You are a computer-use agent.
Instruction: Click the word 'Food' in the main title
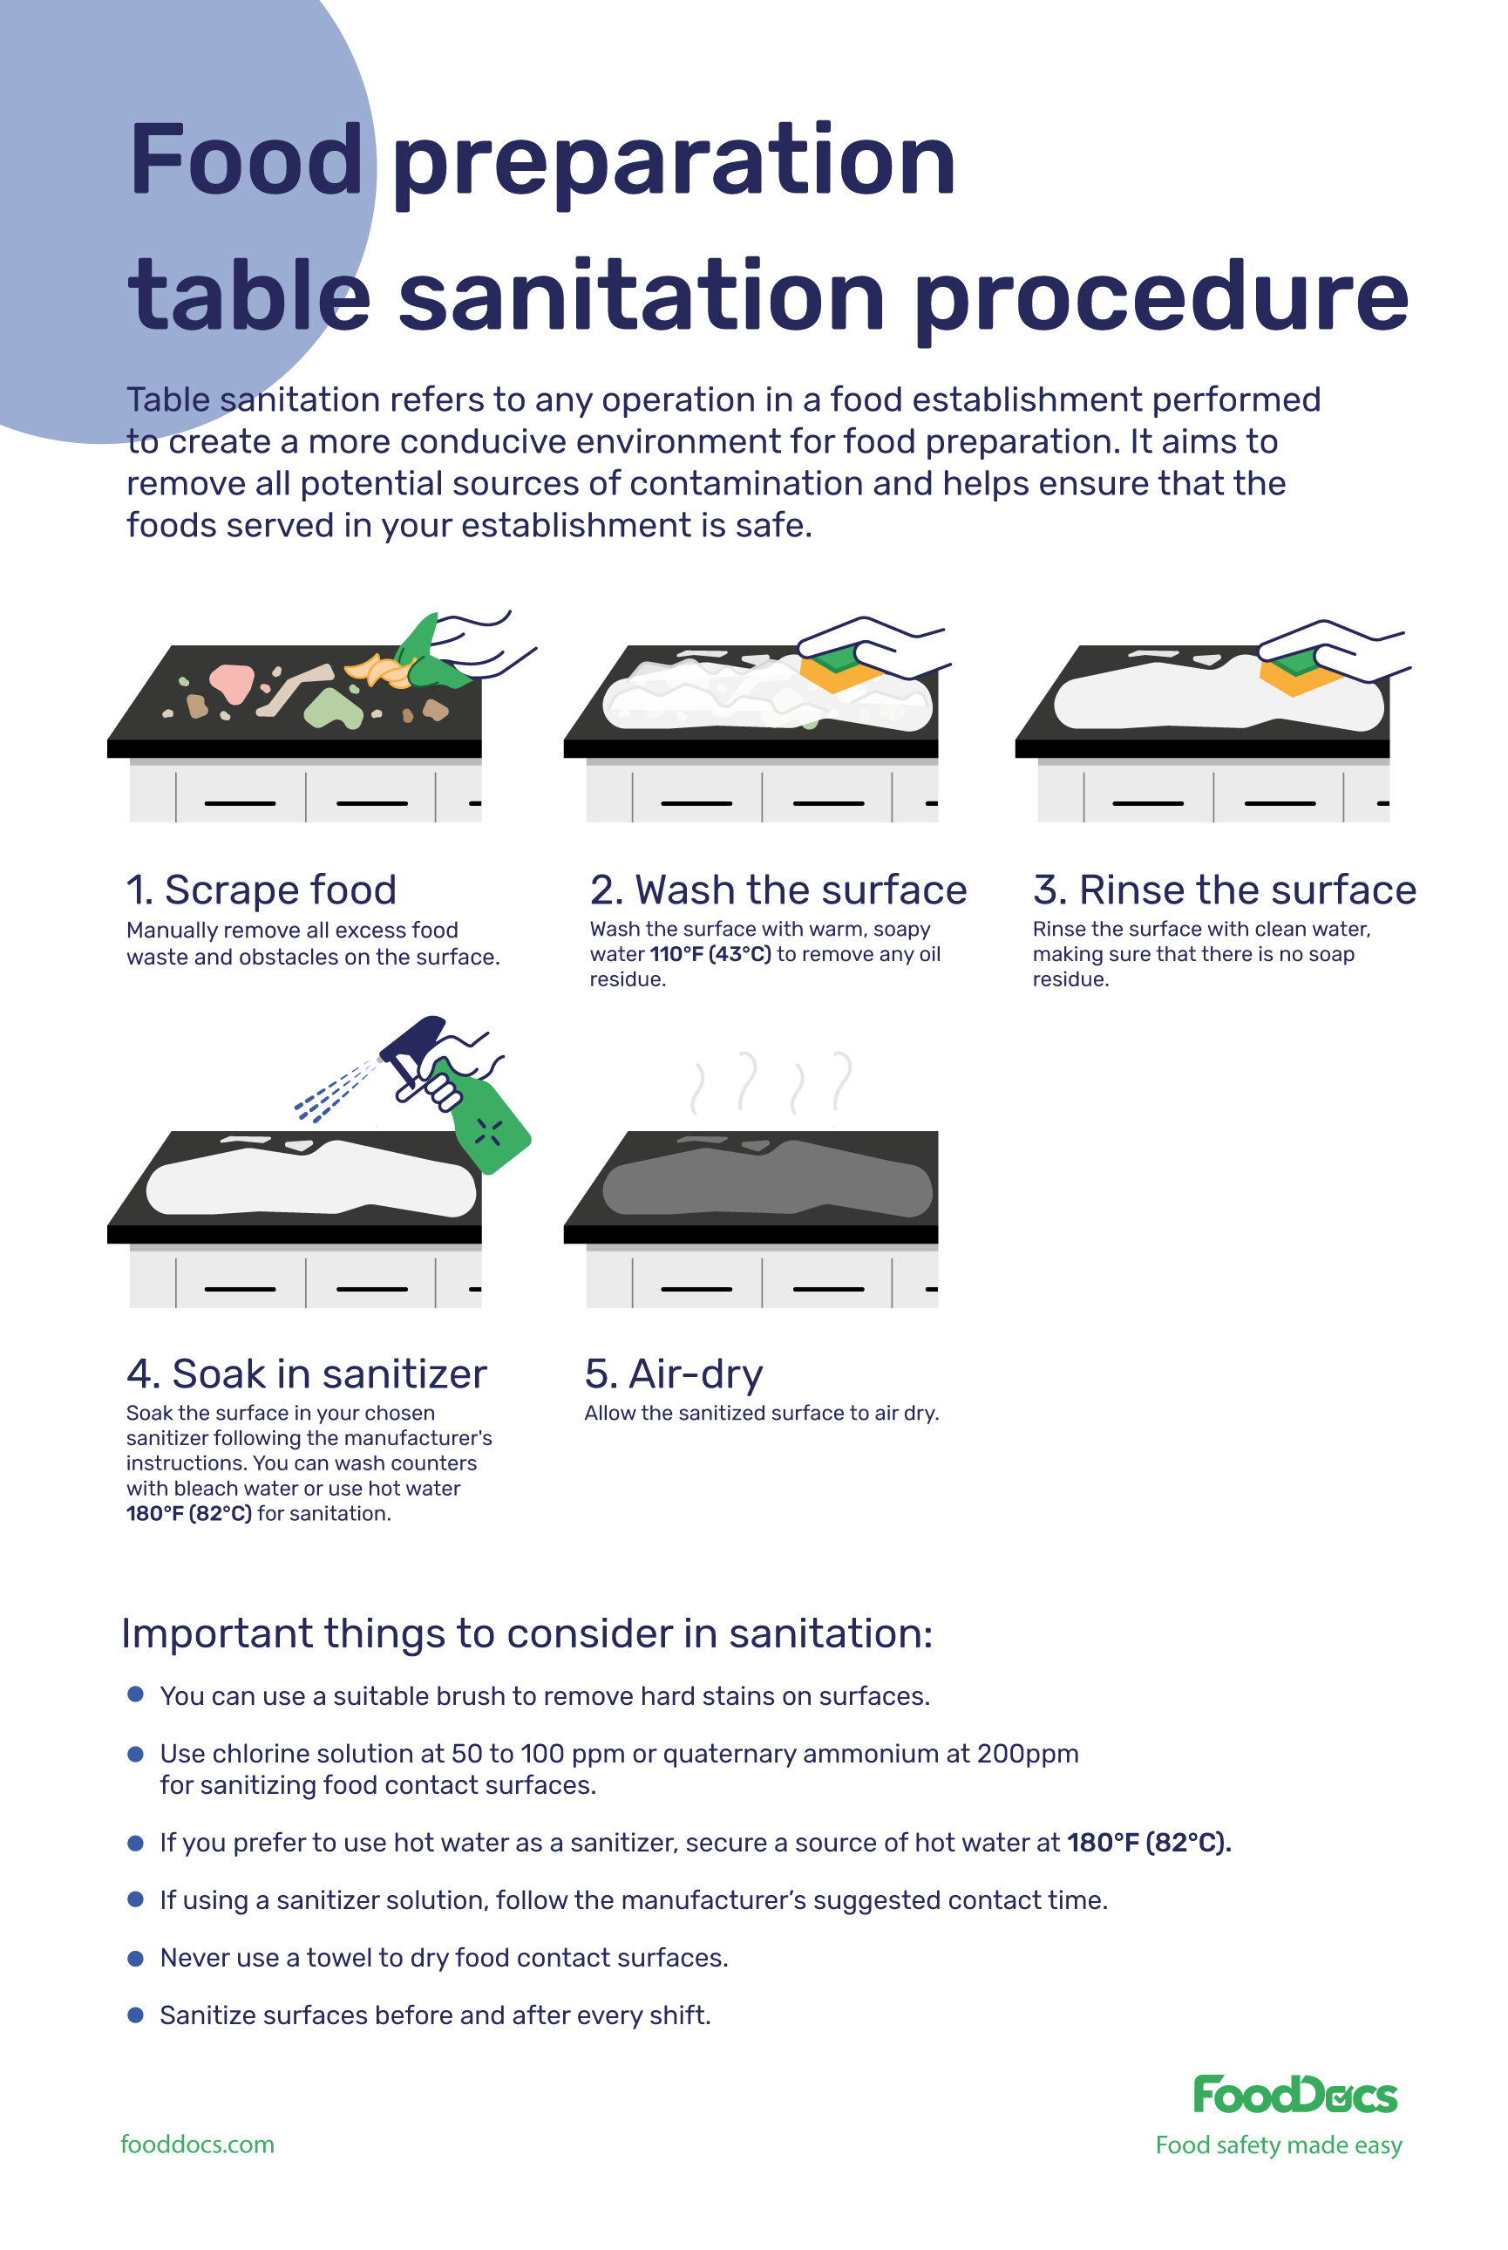(x=245, y=160)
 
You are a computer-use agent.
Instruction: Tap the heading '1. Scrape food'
(x=261, y=890)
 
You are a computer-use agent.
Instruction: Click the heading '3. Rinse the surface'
(x=1223, y=890)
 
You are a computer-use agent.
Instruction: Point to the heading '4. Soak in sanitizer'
(x=306, y=1374)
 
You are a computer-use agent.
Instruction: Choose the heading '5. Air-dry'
(x=673, y=1374)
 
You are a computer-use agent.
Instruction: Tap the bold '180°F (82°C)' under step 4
(x=188, y=1513)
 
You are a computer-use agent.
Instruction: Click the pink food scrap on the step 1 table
(x=232, y=682)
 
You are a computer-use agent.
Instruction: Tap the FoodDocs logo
(x=1294, y=2094)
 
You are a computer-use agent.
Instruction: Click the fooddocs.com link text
(x=197, y=2144)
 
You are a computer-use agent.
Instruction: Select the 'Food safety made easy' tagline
(x=1278, y=2145)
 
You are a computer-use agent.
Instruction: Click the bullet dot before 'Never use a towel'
(x=136, y=1959)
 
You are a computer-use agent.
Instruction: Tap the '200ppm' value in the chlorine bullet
(x=1027, y=1754)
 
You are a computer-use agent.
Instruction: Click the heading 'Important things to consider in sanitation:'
(x=526, y=1633)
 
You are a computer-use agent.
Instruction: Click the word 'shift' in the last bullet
(x=682, y=2015)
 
